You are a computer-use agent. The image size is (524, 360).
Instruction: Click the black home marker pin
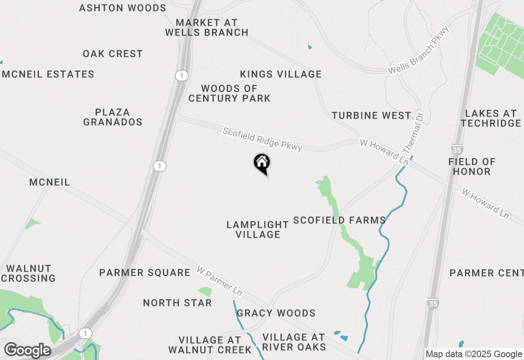pos(262,164)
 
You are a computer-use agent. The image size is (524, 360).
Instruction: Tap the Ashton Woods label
pos(122,8)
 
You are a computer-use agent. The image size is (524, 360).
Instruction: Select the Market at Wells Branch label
pos(207,27)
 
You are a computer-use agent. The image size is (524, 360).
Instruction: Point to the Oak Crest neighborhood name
pos(113,54)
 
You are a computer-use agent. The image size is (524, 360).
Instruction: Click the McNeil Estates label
pos(48,74)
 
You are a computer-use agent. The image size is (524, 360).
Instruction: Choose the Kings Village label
pos(280,74)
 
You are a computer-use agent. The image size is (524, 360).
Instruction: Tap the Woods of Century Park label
pos(229,93)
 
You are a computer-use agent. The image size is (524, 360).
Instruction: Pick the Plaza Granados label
pos(113,117)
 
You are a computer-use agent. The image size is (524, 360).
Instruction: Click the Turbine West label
pos(371,116)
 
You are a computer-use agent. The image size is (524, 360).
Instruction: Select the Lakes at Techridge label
pos(490,118)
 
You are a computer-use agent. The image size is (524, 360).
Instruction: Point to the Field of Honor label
pos(472,166)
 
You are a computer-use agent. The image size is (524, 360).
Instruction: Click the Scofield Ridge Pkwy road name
pos(262,139)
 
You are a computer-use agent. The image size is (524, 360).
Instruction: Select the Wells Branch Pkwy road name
pos(419,50)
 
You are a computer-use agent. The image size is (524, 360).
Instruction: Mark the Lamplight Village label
pos(257,229)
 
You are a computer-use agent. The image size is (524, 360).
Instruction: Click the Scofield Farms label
pos(339,220)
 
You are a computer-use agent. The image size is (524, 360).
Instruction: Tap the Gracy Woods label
pos(276,313)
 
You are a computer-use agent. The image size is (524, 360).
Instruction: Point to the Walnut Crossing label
pos(29,273)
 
